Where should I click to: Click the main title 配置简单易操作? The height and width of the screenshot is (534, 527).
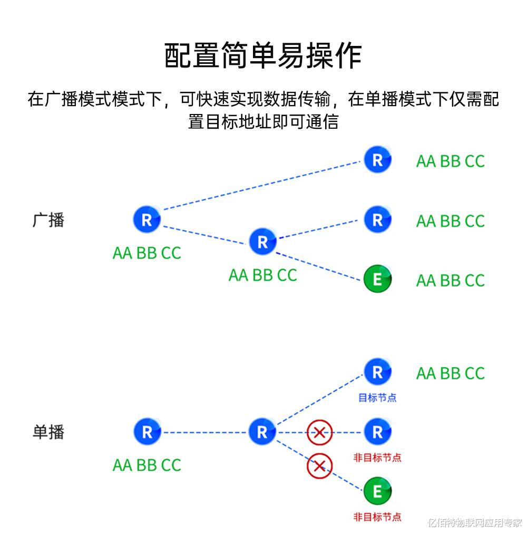click(x=263, y=56)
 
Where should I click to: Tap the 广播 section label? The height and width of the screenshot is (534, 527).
click(x=48, y=220)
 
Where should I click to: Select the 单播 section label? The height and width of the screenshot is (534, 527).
click(x=48, y=432)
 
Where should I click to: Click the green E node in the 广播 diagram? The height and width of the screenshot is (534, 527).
click(x=377, y=279)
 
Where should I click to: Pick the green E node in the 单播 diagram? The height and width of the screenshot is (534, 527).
click(x=377, y=491)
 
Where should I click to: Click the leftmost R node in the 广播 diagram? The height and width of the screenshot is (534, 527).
click(x=147, y=220)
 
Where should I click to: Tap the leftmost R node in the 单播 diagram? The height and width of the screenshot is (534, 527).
click(x=147, y=432)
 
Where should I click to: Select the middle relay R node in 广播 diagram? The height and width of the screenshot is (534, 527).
click(x=262, y=242)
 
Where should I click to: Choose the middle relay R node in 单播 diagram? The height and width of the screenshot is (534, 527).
click(x=262, y=432)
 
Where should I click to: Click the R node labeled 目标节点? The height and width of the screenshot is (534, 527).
click(x=377, y=373)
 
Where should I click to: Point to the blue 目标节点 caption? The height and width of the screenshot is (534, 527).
click(x=377, y=398)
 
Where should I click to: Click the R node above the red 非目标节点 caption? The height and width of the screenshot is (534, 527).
click(x=377, y=432)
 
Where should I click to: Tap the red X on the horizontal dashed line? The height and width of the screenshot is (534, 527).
click(x=319, y=433)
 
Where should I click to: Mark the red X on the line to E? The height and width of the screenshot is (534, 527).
click(x=319, y=466)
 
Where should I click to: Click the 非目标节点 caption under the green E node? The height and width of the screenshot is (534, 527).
click(x=377, y=517)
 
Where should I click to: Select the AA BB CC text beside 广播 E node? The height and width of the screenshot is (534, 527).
click(x=450, y=280)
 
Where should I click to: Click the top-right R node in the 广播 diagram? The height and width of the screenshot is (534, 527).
click(x=377, y=160)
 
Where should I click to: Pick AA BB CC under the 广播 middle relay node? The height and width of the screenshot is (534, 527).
click(x=262, y=275)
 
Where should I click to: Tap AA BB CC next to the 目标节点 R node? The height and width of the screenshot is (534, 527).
click(x=450, y=374)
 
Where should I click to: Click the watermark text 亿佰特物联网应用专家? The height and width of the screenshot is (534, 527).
click(x=474, y=523)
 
